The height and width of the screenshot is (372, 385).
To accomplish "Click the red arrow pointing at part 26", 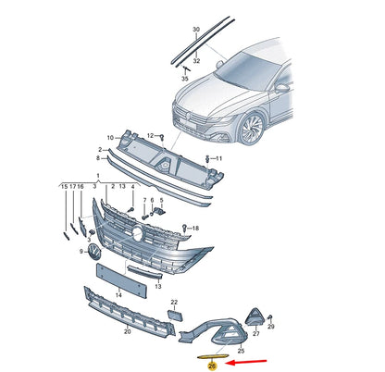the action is [x=246, y=362].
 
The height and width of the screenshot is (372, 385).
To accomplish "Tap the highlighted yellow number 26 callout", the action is [x=212, y=366].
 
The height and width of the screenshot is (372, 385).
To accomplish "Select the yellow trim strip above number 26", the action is [x=213, y=357].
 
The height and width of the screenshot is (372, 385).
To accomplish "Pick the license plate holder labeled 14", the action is [x=121, y=280].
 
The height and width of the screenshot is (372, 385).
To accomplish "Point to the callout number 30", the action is [x=196, y=30].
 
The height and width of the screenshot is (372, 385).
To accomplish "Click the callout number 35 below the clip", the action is [x=184, y=79].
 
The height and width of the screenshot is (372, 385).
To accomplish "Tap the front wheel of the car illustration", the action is [x=252, y=129].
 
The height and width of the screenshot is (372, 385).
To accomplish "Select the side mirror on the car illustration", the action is [x=281, y=88].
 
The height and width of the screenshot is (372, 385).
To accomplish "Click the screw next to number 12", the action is [x=162, y=138].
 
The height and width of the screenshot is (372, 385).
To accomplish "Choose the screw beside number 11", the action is [x=208, y=159].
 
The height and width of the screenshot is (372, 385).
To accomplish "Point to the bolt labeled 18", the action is [x=184, y=229].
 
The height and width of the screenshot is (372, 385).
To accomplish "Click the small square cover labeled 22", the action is [x=175, y=316].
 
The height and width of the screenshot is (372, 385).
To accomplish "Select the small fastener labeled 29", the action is [x=269, y=317].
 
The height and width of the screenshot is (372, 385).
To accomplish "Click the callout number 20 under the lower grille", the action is [x=127, y=331].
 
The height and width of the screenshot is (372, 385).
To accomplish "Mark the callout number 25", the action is [x=241, y=351].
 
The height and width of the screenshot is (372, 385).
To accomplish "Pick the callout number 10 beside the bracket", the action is [x=110, y=138].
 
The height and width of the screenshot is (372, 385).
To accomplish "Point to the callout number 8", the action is [x=98, y=158].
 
